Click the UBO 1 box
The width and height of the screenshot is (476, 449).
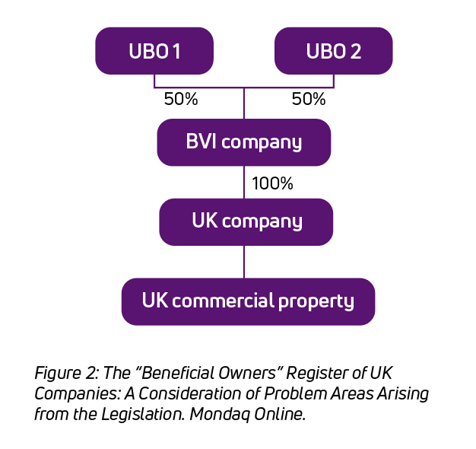[x=154, y=51]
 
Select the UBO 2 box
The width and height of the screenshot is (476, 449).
[x=333, y=51]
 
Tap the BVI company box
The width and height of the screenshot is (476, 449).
[x=243, y=142]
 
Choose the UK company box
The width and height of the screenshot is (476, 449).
[x=246, y=221]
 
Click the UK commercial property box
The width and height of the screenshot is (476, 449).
[x=248, y=301]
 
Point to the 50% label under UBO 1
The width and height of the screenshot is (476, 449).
[x=181, y=99]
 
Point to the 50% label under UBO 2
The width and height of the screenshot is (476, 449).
[x=309, y=99]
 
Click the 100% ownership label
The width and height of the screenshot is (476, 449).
[x=272, y=183]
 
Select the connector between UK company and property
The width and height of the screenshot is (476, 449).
[x=244, y=262]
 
